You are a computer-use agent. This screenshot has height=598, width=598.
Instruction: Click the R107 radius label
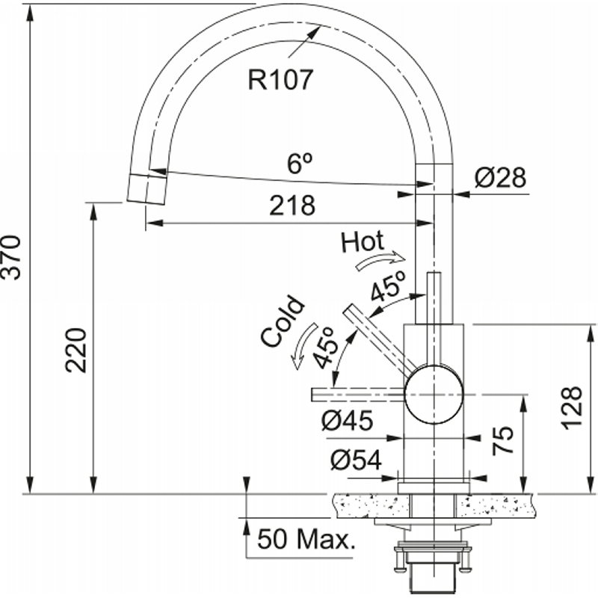click(x=280, y=80)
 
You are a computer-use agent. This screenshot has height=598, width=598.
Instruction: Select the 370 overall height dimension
click(x=10, y=258)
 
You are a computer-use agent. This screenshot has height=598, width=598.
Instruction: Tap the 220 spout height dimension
click(x=76, y=350)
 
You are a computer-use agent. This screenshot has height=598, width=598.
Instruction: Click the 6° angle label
click(x=300, y=163)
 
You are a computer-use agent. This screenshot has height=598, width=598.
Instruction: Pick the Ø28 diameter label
click(x=500, y=177)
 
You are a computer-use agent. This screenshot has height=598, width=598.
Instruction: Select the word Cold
click(x=283, y=321)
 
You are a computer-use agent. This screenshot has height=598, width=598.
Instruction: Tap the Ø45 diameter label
click(x=347, y=421)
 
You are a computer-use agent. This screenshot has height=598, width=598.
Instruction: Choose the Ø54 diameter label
click(x=356, y=460)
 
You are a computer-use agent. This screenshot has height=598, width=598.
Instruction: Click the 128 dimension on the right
click(x=572, y=408)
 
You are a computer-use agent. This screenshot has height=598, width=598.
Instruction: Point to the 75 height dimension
click(x=503, y=440)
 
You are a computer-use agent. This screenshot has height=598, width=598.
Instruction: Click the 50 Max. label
click(x=306, y=539)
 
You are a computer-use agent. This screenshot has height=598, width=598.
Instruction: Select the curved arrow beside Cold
click(x=303, y=346)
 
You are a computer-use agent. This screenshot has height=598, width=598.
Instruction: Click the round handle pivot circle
click(x=434, y=395)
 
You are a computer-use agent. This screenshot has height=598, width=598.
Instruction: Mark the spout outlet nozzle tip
click(x=147, y=190)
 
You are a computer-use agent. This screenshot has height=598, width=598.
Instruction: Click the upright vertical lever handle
click(x=434, y=319)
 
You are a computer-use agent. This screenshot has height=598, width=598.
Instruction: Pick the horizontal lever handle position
click(x=359, y=395)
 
